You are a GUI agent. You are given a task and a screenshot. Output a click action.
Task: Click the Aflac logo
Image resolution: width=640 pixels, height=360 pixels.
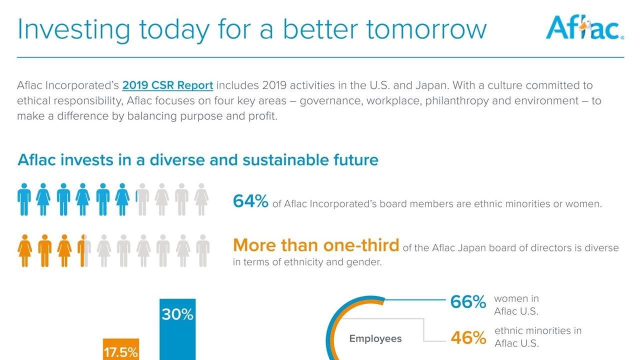tap(584, 27)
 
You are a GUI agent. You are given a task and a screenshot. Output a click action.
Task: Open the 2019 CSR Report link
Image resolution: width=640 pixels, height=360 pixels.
tap(167, 85)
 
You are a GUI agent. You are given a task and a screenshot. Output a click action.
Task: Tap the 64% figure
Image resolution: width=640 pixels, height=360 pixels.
tap(250, 201)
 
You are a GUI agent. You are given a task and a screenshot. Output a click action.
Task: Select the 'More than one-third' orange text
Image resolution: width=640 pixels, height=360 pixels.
tap(316, 245)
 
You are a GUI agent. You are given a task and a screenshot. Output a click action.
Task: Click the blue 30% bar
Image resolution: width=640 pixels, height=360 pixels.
tap(177, 329)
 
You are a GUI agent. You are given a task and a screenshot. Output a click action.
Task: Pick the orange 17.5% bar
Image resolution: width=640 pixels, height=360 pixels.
tap(121, 349)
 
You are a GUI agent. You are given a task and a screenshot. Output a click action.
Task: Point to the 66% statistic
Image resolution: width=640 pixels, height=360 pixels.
tap(468, 301)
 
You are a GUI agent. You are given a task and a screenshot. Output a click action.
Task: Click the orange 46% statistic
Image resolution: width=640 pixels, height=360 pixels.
tap(468, 337)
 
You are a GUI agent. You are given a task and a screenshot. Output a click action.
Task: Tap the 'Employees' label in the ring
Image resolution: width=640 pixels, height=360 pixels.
tap(375, 338)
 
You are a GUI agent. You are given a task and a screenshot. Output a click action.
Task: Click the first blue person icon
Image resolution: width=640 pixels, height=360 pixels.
tap(24, 199)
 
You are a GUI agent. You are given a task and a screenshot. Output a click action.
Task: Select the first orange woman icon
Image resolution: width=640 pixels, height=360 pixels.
tap(25, 251)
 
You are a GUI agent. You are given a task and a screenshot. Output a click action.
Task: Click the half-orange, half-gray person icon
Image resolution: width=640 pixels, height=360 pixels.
tap(84, 251)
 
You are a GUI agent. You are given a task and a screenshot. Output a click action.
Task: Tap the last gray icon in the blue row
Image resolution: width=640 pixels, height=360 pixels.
tap(201, 199)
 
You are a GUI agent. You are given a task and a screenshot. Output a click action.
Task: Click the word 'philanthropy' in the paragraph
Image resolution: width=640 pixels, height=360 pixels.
tap(457, 101)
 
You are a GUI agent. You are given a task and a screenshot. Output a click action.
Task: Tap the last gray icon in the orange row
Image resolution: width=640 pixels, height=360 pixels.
tap(203, 251)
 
